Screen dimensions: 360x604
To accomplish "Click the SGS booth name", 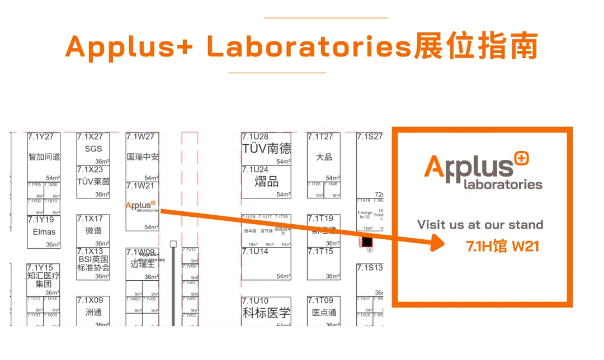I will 93,149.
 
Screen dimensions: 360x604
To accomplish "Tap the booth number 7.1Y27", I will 44,137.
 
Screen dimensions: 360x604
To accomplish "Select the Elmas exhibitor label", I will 44,231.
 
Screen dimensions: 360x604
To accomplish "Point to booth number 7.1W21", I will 140,186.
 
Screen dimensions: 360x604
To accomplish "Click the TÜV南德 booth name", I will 267,149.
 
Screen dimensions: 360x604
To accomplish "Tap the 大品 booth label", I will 324,157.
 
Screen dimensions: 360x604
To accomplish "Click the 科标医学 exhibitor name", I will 267,312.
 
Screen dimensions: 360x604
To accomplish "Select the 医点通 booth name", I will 324,312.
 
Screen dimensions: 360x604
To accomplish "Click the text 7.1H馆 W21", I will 503,246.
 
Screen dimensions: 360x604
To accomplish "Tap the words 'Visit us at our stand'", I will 480,225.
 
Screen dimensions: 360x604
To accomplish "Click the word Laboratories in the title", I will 309,48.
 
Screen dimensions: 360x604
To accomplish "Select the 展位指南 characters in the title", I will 475,48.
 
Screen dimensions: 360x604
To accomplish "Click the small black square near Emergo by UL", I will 367,242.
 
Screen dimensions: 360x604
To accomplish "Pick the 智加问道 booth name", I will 44,157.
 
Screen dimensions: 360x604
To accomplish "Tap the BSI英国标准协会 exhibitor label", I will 93,263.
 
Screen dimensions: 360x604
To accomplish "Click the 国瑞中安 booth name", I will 143,157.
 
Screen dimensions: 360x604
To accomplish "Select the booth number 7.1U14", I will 255,252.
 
